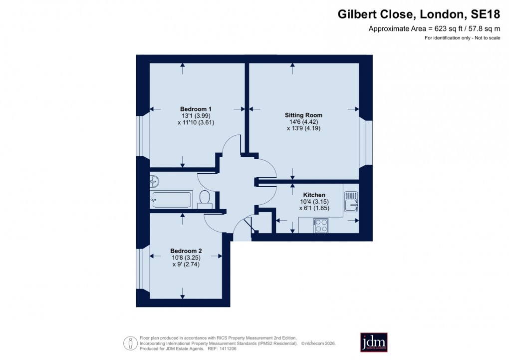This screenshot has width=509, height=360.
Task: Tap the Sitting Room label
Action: tap(303, 115)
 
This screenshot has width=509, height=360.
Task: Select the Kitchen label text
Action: tap(314, 195)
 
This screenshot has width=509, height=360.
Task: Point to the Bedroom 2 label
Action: tap(186, 251)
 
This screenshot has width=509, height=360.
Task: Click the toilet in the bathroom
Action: tap(204, 198)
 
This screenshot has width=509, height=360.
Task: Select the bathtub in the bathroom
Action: tap(172, 199)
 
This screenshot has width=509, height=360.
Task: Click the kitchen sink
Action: tap(350, 201)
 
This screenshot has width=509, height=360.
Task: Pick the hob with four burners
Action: tap(320, 226)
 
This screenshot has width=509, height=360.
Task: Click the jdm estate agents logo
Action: tap(374, 343)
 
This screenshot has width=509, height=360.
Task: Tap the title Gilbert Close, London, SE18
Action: tap(419, 14)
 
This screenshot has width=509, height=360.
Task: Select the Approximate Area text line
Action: tap(434, 28)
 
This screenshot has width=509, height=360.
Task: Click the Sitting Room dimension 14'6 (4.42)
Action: tap(303, 121)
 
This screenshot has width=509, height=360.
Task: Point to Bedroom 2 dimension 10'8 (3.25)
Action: tap(186, 258)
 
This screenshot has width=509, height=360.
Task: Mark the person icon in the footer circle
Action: tap(131, 343)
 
